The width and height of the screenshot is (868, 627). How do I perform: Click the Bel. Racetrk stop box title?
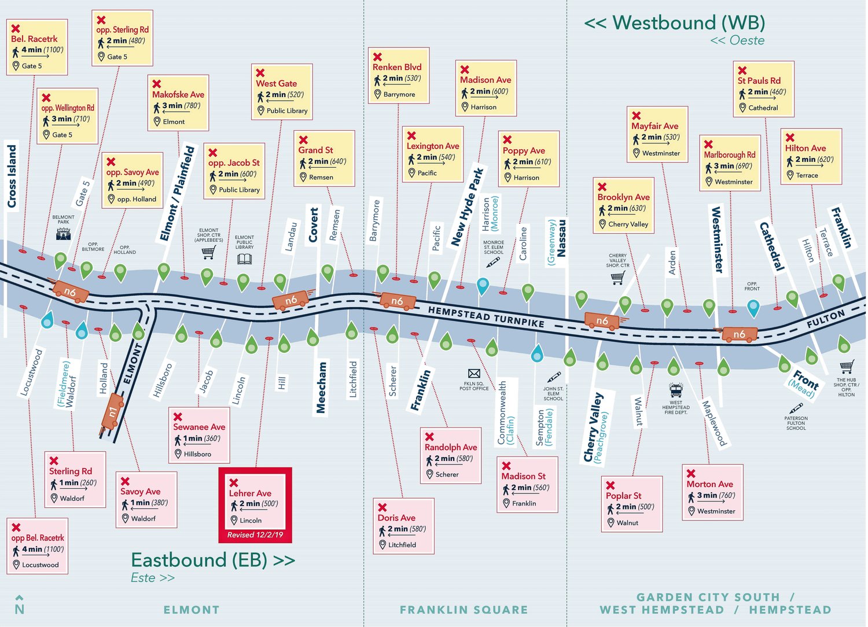(34, 39)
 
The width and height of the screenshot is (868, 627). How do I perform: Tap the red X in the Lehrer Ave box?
(234, 482)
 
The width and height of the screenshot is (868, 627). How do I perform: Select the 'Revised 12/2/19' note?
(255, 535)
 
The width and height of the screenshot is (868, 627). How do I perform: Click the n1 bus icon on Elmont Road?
(113, 411)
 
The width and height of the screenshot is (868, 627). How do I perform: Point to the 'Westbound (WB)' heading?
(675, 23)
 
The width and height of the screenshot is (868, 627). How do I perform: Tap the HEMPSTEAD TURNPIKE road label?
(486, 316)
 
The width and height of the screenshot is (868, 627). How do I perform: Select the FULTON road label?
(826, 319)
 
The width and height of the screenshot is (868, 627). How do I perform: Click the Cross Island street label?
(12, 176)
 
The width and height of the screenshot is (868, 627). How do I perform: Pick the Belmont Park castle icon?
(63, 233)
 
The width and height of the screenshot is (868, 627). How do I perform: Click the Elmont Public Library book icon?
(244, 259)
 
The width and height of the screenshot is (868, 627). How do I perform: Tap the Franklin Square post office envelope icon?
(474, 374)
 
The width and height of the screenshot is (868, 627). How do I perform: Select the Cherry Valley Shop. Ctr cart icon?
(617, 278)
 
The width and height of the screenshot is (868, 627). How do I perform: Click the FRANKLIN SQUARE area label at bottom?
(464, 610)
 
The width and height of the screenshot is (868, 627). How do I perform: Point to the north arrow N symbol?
(20, 604)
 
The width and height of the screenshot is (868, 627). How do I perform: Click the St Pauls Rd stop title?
(759, 80)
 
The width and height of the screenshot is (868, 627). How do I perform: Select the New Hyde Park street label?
(468, 206)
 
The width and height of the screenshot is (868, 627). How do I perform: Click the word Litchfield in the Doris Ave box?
(402, 545)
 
